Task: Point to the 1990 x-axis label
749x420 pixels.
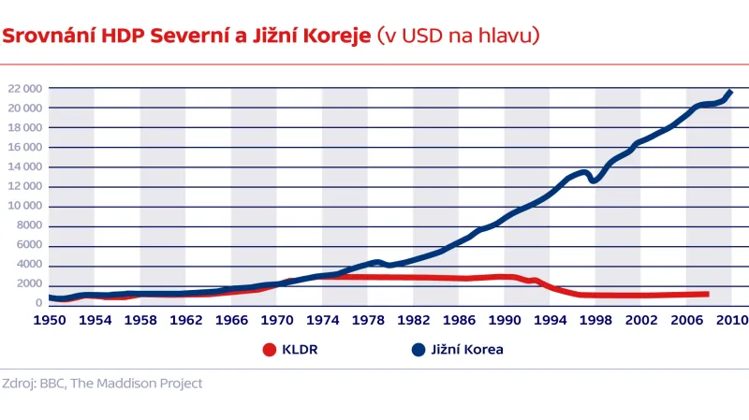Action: [x=505, y=320]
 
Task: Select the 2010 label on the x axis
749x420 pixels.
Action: [x=733, y=320]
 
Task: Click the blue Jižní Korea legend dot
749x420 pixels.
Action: [x=419, y=351]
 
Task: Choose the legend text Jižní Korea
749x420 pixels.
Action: [x=467, y=351]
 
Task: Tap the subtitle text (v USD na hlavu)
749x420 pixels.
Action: [x=457, y=36]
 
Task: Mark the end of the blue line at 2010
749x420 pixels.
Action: [x=730, y=92]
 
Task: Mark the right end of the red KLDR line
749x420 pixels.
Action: [x=708, y=294]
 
